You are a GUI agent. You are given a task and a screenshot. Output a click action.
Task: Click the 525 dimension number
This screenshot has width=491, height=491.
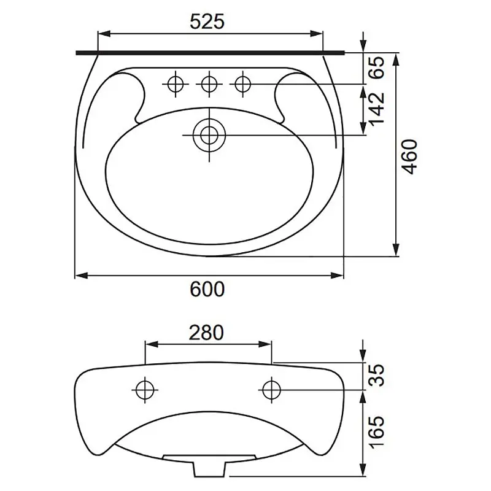click(207, 21)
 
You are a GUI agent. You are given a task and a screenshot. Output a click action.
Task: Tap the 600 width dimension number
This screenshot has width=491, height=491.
click(207, 288)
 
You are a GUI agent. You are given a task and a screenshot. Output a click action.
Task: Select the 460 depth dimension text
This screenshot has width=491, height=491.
click(410, 157)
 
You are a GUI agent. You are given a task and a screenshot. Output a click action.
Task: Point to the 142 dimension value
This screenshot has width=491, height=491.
click(377, 108)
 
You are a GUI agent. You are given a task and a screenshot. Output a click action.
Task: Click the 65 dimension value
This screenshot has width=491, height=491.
click(376, 68)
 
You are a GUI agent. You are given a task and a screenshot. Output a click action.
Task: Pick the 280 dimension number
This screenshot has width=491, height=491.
click(206, 333)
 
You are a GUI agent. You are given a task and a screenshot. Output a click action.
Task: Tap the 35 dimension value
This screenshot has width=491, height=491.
click(376, 375)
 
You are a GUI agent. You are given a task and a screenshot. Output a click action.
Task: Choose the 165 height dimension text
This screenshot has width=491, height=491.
click(376, 432)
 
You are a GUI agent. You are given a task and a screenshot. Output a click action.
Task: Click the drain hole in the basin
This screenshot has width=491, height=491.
click(209, 135)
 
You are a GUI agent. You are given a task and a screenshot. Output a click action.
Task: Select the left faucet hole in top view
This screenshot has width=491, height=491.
click(176, 84)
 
